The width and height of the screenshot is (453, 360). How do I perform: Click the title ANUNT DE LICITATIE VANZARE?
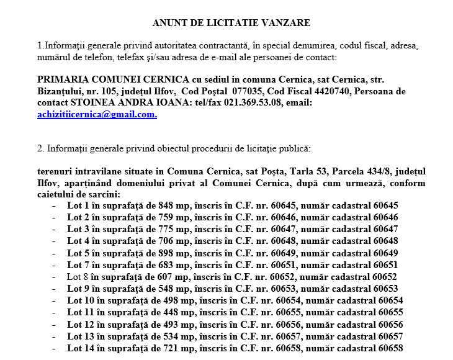pyautogui.click(x=231, y=23)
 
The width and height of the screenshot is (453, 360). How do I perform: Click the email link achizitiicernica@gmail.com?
pyautogui.click(x=97, y=115)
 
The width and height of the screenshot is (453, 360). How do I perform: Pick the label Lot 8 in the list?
pyautogui.click(x=78, y=277)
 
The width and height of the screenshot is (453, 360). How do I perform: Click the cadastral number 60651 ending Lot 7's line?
pyautogui.click(x=385, y=265)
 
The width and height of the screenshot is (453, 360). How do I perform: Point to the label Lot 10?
pyautogui.click(x=80, y=300)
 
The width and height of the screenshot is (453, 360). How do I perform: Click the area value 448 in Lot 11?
pyautogui.click(x=155, y=312)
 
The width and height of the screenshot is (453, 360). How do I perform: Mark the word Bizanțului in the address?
pyautogui.click(x=60, y=91)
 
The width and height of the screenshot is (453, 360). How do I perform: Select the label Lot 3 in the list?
pyautogui.click(x=78, y=230)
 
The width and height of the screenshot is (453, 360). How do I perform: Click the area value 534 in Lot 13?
pyautogui.click(x=155, y=336)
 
